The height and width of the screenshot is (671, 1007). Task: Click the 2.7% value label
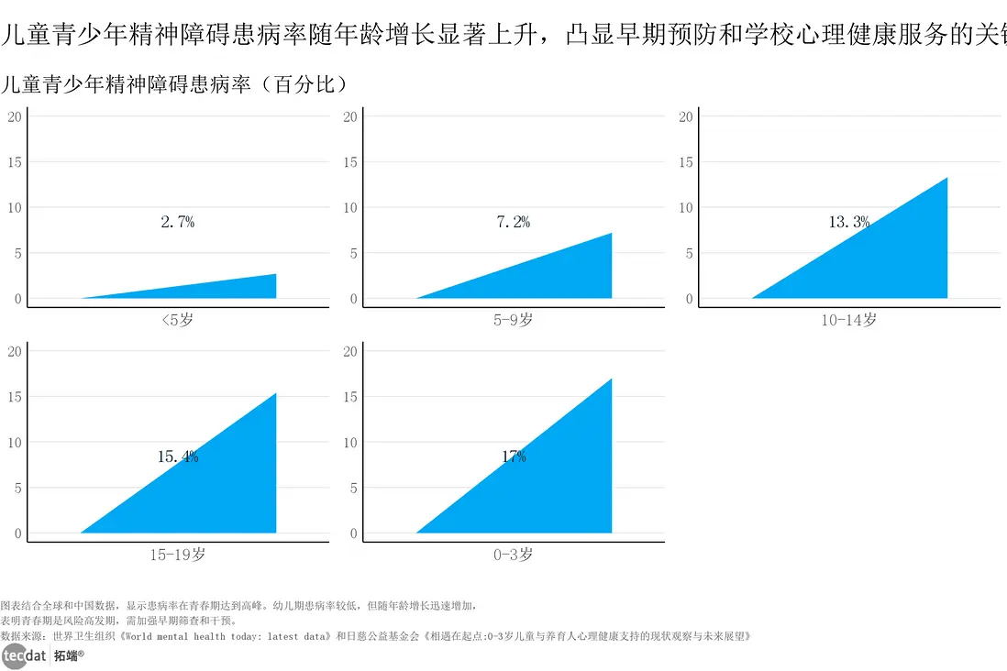[178, 222]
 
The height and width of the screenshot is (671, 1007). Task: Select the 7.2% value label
[514, 222]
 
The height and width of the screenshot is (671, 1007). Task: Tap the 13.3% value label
[849, 222]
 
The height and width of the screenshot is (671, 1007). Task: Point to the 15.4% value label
[178, 456]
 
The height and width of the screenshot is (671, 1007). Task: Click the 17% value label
[514, 456]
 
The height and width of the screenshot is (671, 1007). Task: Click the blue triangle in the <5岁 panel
[238, 290]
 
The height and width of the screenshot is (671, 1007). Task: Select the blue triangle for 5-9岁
[559, 275]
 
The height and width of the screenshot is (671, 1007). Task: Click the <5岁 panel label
[178, 320]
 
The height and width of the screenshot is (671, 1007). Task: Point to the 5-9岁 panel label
[514, 320]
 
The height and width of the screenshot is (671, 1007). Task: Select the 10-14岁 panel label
[849, 320]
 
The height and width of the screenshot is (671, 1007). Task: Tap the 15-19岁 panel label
[178, 555]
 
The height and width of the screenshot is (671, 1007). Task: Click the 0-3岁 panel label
[514, 555]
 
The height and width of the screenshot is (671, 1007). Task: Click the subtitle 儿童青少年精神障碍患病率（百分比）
[174, 85]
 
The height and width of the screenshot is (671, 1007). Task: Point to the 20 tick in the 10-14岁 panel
[685, 116]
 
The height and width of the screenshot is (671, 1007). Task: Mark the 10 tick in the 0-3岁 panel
[349, 443]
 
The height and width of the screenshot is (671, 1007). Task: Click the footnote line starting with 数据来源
[376, 635]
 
